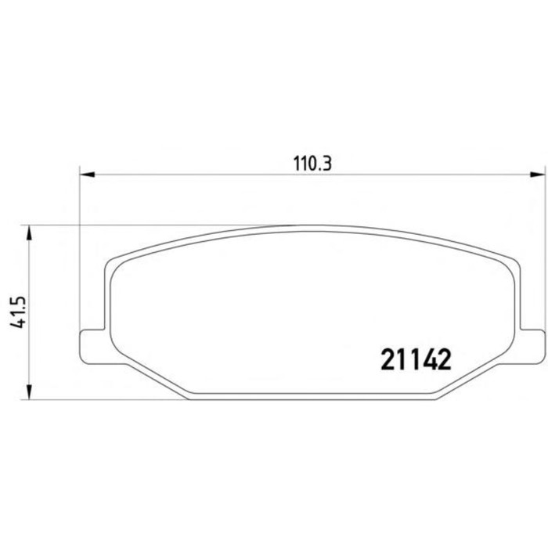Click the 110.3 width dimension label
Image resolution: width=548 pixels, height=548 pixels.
[x=312, y=164]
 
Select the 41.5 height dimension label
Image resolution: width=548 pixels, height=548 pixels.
[x=18, y=312]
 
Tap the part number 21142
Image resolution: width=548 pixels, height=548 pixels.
[x=416, y=359]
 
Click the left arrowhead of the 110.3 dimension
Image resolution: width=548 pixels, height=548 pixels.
[x=88, y=174]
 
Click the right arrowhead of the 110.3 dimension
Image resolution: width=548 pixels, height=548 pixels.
[x=537, y=174]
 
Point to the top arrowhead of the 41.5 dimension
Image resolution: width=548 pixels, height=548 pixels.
[x=30, y=233]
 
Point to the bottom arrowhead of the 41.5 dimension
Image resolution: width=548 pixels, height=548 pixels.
[x=30, y=391]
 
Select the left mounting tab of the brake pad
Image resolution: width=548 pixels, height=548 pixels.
[x=92, y=346]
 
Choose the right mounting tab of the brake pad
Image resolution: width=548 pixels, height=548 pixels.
[x=532, y=346]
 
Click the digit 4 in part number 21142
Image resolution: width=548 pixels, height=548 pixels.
[x=427, y=359]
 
